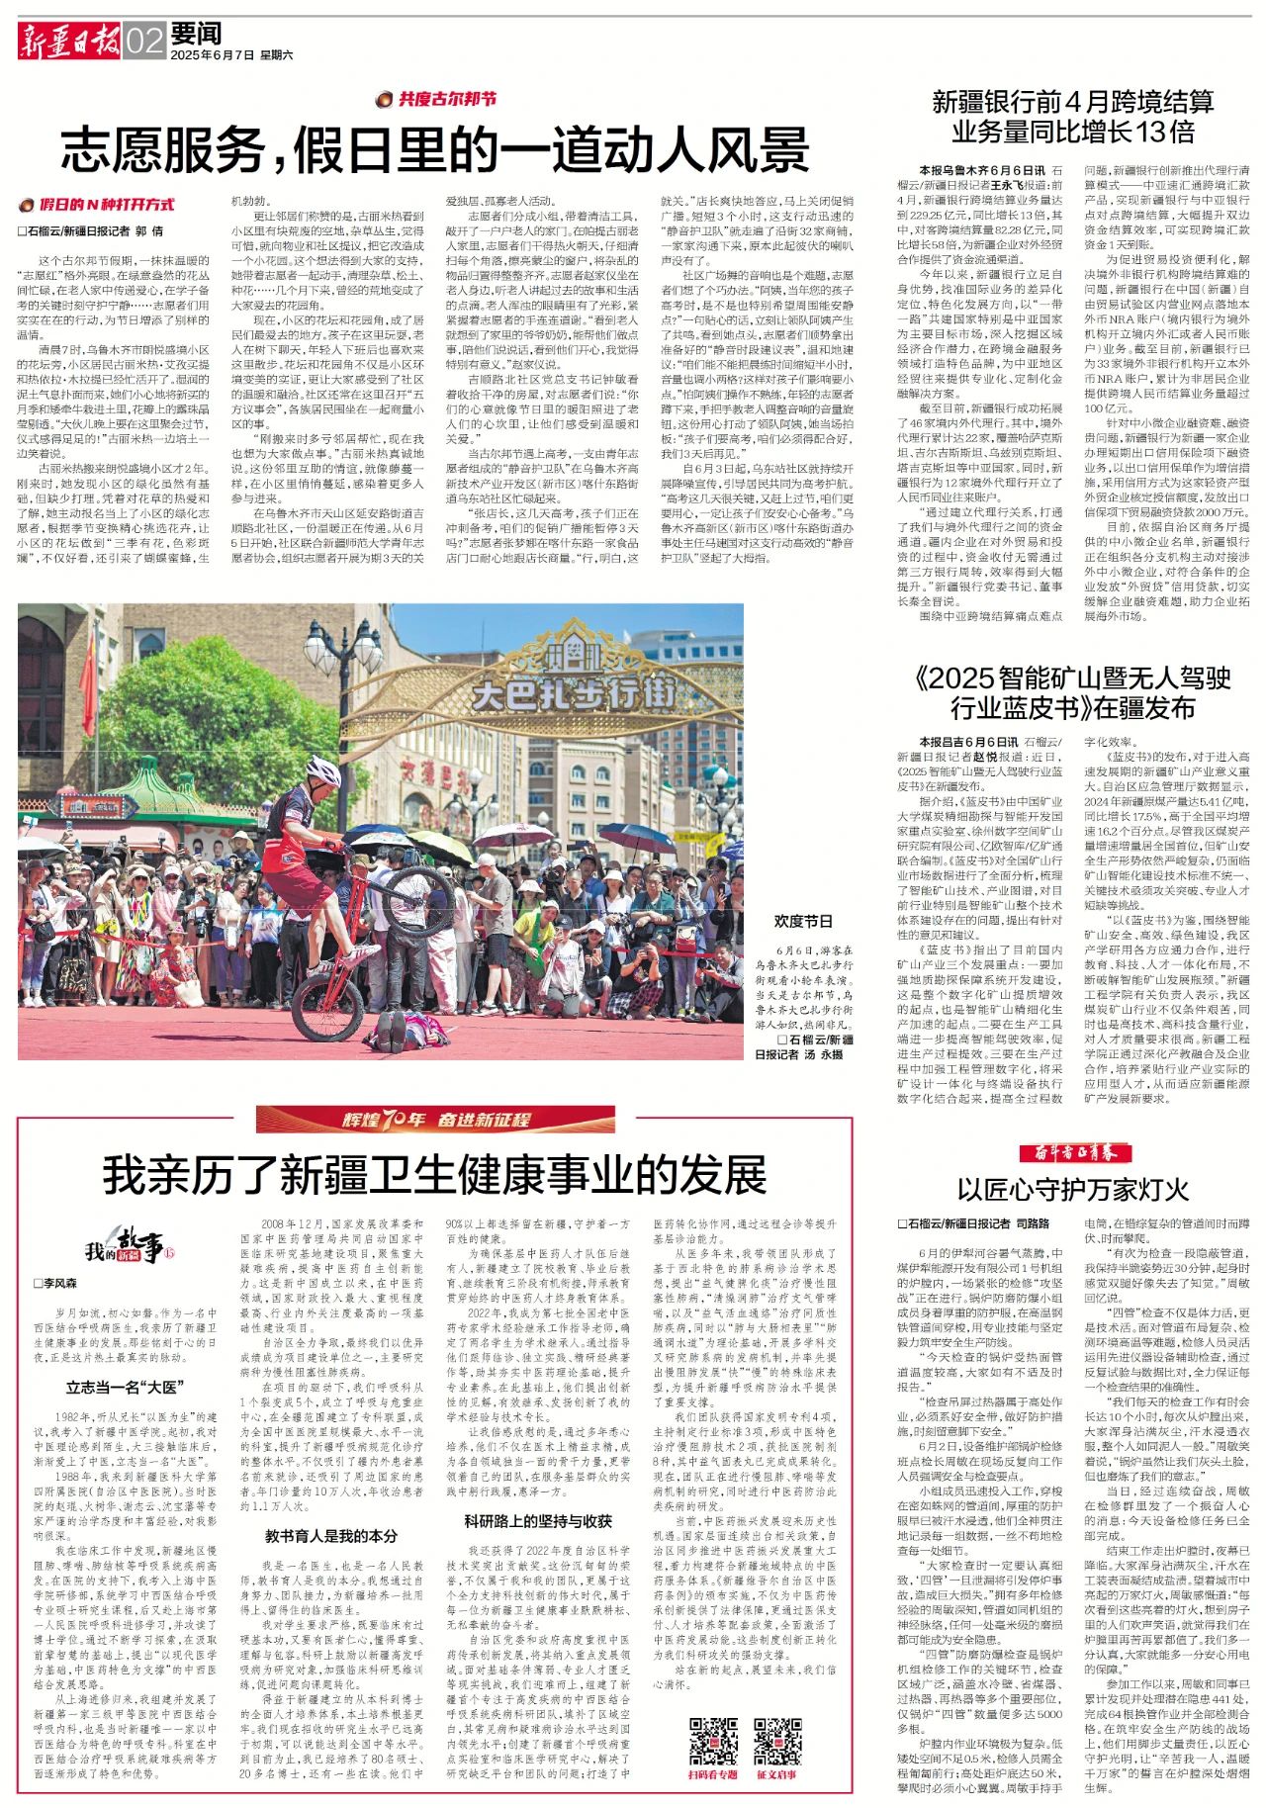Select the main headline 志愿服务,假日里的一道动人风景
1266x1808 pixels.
point(435,151)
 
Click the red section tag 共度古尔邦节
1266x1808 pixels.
point(436,99)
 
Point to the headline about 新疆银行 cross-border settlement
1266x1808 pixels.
point(1073,117)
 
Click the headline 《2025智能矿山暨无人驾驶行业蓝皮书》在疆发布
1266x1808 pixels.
point(1073,692)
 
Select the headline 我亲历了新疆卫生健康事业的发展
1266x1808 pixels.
point(435,1174)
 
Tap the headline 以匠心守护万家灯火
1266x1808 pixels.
point(1073,1188)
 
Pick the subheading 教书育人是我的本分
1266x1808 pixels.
point(330,1535)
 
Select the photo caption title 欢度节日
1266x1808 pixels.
point(803,920)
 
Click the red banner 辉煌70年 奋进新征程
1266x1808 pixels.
point(435,1119)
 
